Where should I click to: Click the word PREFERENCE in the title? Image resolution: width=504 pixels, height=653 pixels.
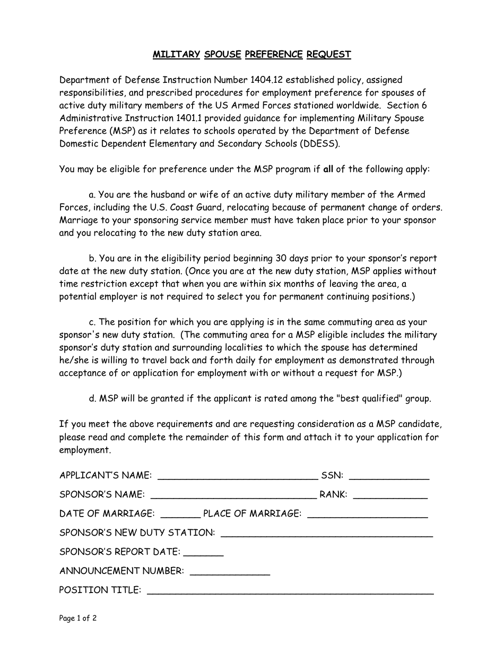(x=274, y=54)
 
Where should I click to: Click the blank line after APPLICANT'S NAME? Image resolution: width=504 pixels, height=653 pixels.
(x=238, y=476)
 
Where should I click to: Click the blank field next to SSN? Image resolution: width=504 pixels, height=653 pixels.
(x=389, y=476)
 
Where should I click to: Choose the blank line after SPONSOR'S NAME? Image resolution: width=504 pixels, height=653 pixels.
(x=233, y=495)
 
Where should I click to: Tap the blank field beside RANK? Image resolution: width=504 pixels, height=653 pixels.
(x=390, y=495)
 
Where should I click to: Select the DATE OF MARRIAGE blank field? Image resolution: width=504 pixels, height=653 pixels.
(x=180, y=514)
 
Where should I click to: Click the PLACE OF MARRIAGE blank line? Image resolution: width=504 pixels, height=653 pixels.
(x=367, y=514)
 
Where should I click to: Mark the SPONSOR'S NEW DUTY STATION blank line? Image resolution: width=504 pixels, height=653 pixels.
(x=326, y=534)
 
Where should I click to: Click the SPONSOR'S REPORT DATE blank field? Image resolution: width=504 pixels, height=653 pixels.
(x=203, y=553)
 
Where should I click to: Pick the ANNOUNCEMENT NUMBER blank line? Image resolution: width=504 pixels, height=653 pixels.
(x=230, y=572)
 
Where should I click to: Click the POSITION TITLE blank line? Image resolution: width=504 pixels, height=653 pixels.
(x=290, y=591)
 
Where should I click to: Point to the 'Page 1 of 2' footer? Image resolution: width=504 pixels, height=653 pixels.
(x=77, y=618)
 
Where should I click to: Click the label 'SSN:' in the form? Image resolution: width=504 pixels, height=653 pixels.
(x=332, y=475)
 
